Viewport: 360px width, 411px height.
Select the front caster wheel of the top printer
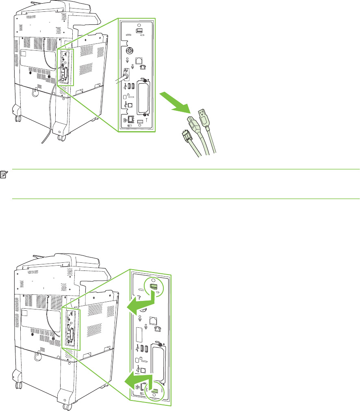61,138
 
